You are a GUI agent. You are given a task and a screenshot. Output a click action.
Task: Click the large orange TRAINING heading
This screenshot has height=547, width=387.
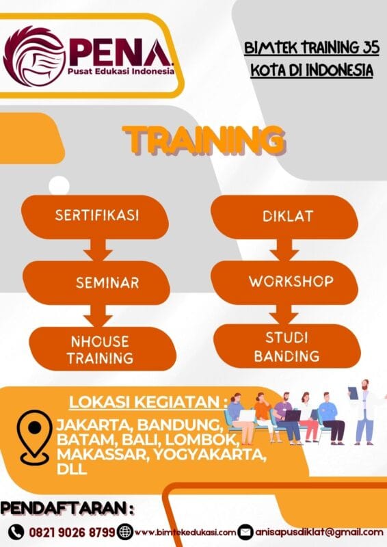[x=204, y=141]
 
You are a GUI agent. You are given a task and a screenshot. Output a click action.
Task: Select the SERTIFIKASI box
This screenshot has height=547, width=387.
[x=96, y=216]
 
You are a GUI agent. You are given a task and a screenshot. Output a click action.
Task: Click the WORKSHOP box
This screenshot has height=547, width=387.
[x=281, y=281]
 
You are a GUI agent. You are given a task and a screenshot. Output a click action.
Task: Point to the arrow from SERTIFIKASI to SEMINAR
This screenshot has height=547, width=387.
[x=97, y=251]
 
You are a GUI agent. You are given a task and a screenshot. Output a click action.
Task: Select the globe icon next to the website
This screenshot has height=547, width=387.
[x=125, y=531]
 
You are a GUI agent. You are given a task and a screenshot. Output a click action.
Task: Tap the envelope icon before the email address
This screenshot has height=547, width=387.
[x=245, y=531]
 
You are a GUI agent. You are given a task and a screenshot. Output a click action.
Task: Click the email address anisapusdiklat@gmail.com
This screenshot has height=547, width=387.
[x=319, y=531]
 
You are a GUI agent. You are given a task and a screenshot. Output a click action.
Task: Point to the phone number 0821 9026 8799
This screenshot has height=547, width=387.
[x=71, y=531]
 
